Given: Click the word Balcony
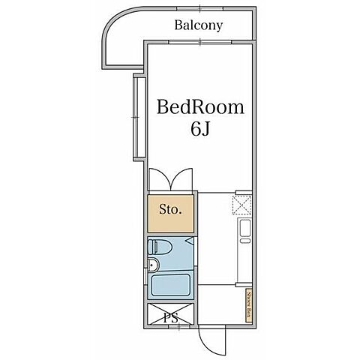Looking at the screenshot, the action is point(199,25).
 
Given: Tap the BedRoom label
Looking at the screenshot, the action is point(200,107).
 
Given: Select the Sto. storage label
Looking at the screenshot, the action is point(170,209).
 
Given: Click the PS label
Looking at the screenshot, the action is point(171,318).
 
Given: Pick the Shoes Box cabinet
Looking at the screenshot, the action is point(249,305).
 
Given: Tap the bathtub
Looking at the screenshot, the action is point(171,285).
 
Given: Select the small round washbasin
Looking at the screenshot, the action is point(153,265).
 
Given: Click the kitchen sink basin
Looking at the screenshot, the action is point(244,228).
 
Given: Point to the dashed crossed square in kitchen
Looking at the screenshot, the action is point(241,205).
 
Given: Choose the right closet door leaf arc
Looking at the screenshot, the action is point(181,177).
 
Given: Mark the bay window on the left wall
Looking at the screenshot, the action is point(139,117).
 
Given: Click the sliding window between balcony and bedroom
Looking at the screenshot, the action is point(200,42).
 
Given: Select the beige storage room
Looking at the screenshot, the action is point(170,214).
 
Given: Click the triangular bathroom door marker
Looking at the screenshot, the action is point(190,241).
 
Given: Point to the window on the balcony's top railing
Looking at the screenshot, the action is point(200,9).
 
